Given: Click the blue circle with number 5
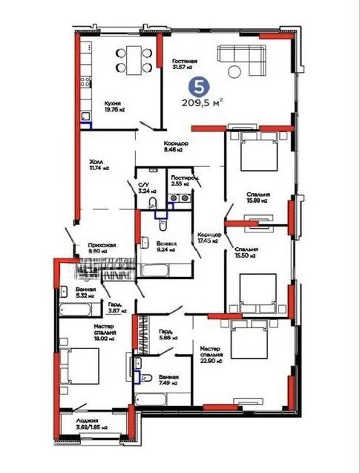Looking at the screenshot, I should (197, 86).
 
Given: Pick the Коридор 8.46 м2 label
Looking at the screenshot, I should (176, 146).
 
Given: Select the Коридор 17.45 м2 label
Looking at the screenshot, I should (208, 237).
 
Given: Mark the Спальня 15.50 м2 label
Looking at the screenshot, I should (245, 252).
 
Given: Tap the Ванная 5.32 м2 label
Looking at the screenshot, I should (85, 292).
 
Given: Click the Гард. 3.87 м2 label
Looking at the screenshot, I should (115, 309).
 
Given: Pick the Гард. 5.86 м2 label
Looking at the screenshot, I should (166, 336).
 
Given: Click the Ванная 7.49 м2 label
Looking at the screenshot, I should (167, 381).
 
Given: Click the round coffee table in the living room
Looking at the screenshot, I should (235, 72).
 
